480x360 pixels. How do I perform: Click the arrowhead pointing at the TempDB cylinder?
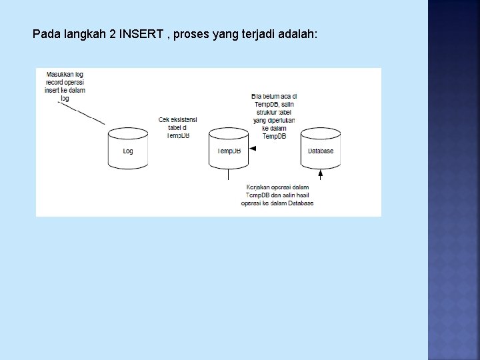[x=253, y=149]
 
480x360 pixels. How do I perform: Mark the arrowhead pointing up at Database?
[x=320, y=174]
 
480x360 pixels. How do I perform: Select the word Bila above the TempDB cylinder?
[x=258, y=96]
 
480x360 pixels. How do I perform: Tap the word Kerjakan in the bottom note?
[x=259, y=187]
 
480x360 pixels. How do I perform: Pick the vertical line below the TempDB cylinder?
[x=229, y=175]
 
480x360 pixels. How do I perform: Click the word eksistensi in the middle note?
[x=181, y=120]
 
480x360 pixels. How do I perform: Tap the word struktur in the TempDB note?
[x=265, y=112]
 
